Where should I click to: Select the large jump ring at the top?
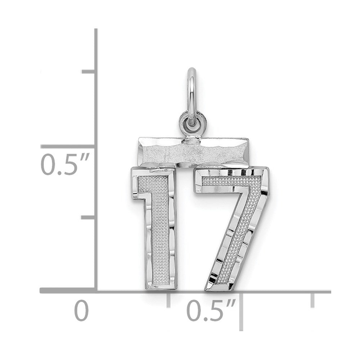pyautogui.click(x=192, y=96)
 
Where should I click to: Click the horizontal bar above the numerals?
pyautogui.click(x=193, y=152)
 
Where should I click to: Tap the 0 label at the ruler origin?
pyautogui.click(x=81, y=311)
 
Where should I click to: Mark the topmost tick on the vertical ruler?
pyautogui.click(x=89, y=72)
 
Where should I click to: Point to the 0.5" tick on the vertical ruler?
pyautogui.click(x=68, y=147)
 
